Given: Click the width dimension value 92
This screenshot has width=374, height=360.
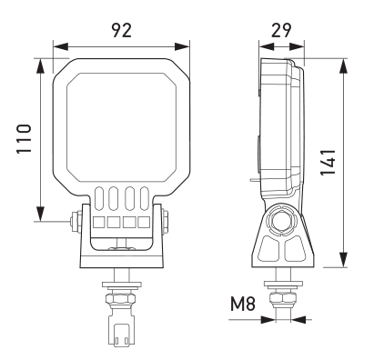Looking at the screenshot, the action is tap(122, 30).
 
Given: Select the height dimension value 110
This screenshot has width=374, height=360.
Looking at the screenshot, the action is tap(24, 138).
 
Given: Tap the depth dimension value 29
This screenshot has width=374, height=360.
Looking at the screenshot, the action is tap(281, 30).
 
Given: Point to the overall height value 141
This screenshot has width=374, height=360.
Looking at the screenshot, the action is tap(328, 162).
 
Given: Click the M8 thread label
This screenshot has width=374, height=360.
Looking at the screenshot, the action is tap(243, 304).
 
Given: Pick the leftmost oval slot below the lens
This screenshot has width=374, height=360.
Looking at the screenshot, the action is tap(99, 198).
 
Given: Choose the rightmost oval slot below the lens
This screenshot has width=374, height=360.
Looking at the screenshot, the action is tap(144, 198).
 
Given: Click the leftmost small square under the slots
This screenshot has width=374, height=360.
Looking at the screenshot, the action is tap(99, 223).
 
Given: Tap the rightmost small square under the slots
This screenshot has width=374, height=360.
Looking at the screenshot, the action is tap(144, 223).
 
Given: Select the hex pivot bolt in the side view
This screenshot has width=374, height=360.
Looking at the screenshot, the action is tap(281, 221).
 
